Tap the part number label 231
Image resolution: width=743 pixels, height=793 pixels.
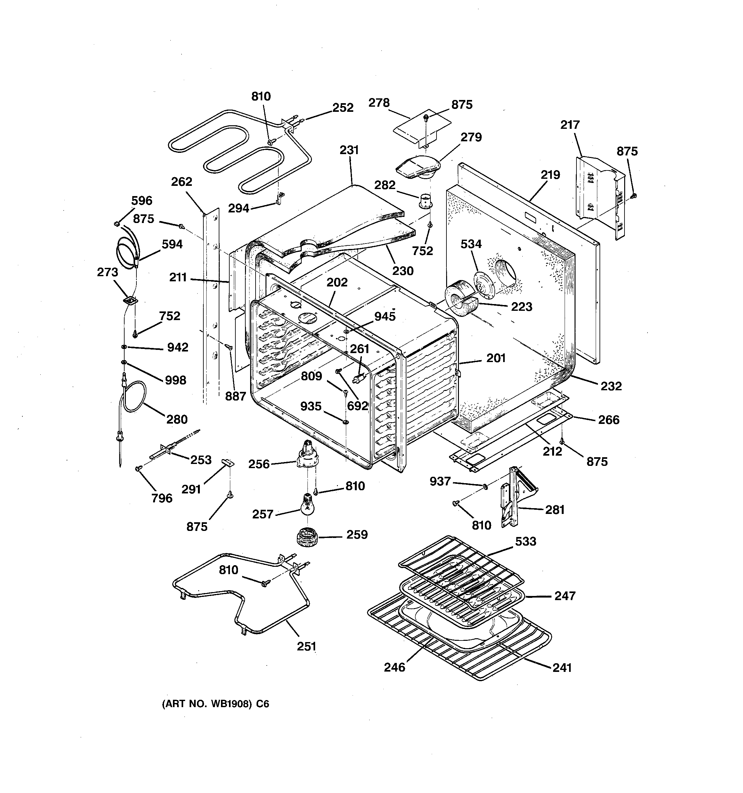349,150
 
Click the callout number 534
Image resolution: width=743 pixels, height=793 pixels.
471,244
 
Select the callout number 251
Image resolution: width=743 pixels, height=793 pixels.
306,646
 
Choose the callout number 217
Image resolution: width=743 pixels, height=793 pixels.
569,125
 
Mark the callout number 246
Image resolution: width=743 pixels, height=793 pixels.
395,667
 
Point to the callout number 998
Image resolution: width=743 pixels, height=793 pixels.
176,380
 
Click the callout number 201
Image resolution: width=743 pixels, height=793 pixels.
496,358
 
